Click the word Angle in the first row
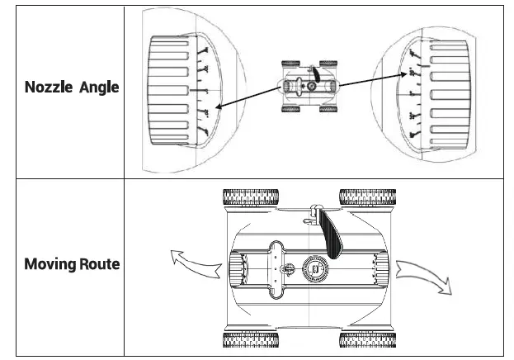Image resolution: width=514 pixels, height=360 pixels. coord(99,88)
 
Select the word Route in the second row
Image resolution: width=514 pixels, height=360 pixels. coord(100,264)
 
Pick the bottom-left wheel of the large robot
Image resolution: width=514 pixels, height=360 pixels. coord(250,339)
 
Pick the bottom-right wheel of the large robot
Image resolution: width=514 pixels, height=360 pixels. coord(367,339)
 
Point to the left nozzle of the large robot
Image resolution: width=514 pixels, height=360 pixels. coord(235,268)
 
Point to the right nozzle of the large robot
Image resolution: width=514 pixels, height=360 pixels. coord(380,268)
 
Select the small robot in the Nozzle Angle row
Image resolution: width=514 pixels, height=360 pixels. coord(309,85)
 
